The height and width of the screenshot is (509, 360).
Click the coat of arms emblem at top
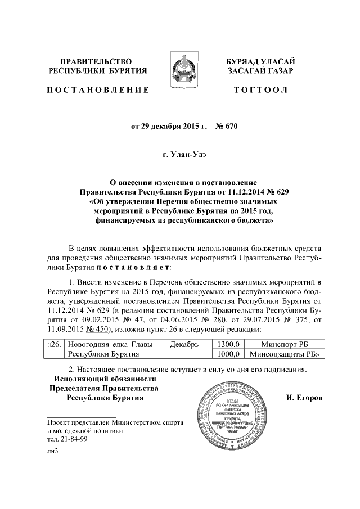[x=179, y=67]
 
